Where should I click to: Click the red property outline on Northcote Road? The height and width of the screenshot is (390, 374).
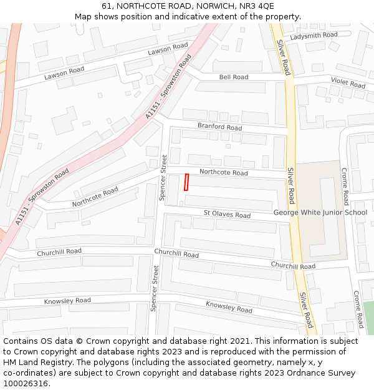click(186, 182)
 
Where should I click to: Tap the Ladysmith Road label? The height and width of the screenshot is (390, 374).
click(314, 36)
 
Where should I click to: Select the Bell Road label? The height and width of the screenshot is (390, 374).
click(234, 77)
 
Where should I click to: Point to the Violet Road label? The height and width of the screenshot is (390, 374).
click(348, 82)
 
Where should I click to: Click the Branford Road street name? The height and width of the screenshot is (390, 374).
click(219, 127)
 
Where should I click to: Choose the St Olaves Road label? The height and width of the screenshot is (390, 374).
click(227, 215)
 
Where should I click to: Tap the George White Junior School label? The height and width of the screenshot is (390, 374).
click(320, 212)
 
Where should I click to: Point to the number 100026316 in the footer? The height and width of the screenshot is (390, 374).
click(26, 384)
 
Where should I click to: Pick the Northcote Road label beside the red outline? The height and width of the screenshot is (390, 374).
click(223, 173)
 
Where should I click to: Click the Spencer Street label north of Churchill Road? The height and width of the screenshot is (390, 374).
click(163, 178)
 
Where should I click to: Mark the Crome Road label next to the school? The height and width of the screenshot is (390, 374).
click(345, 186)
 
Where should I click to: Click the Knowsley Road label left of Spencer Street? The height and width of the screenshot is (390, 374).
click(67, 301)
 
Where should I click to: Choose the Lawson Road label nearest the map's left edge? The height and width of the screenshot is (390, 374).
click(64, 74)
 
